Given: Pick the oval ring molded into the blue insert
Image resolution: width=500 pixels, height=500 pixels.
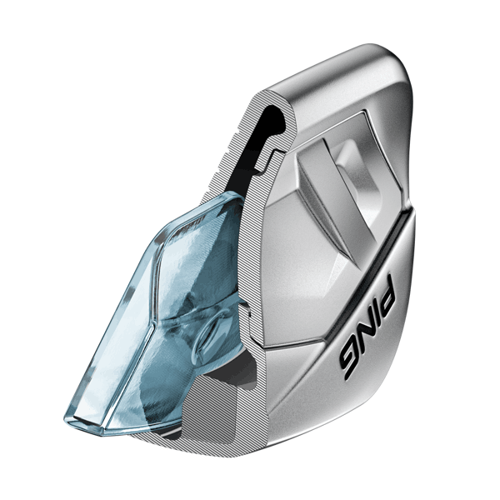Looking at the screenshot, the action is tap(211, 332).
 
